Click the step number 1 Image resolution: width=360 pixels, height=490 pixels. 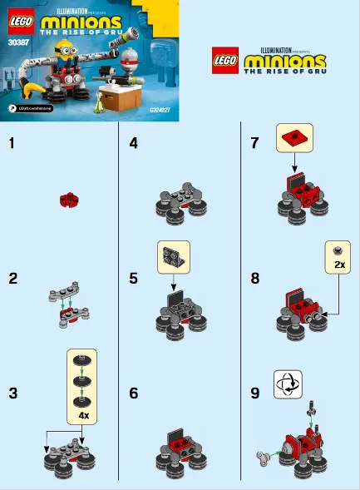(12, 143)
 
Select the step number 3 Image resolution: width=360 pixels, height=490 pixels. (12, 393)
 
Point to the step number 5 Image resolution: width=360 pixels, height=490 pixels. (133, 278)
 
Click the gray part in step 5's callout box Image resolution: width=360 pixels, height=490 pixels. (173, 255)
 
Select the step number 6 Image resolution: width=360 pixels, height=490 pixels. (133, 393)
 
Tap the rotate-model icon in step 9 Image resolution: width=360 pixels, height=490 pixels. (287, 384)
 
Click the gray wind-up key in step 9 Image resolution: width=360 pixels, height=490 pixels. (264, 456)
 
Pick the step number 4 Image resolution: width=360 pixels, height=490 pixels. (133, 143)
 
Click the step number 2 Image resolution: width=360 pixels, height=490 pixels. (12, 278)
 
